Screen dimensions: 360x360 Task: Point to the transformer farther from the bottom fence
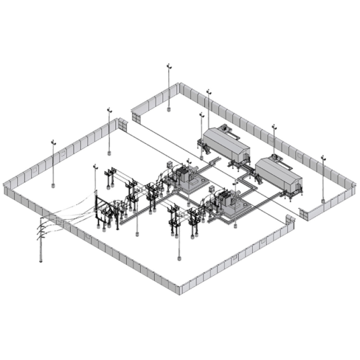click(x=186, y=179)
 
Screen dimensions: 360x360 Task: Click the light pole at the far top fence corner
click(x=169, y=89)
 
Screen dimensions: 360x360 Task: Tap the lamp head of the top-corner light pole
click(x=169, y=66)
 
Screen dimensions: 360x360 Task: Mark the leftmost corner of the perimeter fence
click(x=5, y=189)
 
